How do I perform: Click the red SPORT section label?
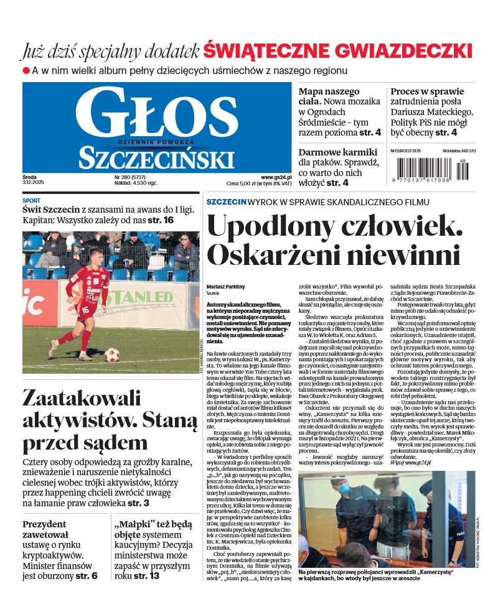click(x=31, y=201)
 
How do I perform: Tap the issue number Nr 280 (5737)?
click(x=118, y=177)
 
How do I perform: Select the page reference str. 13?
click(x=146, y=576)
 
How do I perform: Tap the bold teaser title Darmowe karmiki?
click(x=338, y=153)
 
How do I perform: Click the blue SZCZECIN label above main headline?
click(x=226, y=202)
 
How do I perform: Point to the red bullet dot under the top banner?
click(x=26, y=70)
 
